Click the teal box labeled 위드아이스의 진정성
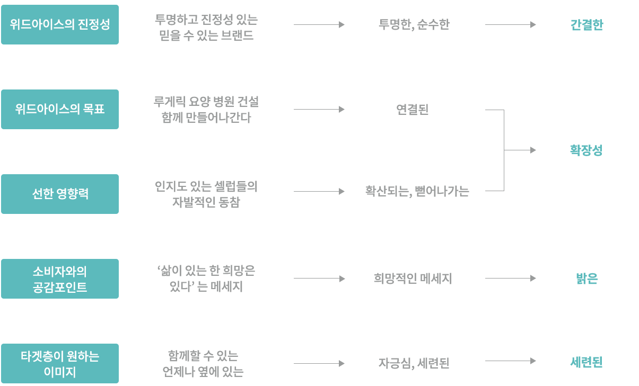[59, 24]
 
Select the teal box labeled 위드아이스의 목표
[59, 109]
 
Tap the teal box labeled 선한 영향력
[59, 194]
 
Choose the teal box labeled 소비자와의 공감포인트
[59, 279]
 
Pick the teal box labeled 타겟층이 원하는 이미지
[59, 363]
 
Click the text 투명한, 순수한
[414, 24]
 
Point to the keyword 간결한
[586, 24]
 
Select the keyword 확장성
[586, 150]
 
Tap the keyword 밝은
[586, 278]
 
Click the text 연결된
[413, 109]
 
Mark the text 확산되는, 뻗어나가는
[416, 191]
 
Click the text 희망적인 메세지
[413, 278]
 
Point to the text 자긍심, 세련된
[414, 363]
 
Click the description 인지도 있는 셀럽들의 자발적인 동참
[206, 194]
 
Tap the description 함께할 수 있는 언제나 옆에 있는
[203, 363]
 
